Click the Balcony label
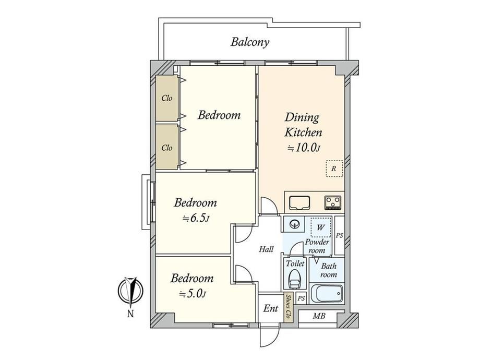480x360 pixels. [x=250, y=42]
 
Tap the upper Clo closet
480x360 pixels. [x=167, y=98]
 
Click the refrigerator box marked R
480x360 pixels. [x=334, y=169]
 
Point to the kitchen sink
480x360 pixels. [x=299, y=202]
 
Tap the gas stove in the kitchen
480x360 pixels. [x=333, y=202]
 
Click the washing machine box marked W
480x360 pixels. [x=321, y=227]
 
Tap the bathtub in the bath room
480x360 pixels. [x=326, y=293]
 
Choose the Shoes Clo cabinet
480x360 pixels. [x=288, y=308]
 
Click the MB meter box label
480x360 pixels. [x=319, y=316]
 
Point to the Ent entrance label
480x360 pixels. [x=271, y=308]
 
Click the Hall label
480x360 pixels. [x=266, y=249]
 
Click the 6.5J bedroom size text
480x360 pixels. [x=196, y=219]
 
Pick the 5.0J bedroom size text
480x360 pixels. [x=193, y=294]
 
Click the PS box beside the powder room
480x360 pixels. [x=340, y=235]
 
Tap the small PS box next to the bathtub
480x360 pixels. [x=302, y=298]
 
